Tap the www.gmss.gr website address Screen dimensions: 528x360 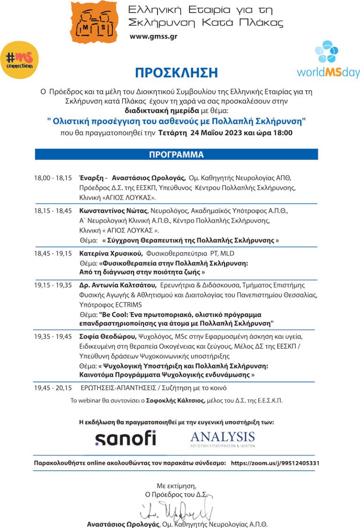coord(153,37)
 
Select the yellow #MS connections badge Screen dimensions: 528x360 coord(19,59)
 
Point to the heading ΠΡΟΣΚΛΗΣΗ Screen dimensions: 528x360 coord(176,73)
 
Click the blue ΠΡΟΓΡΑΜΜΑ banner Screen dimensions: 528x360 coord(176,155)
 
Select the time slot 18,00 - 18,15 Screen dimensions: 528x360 coord(52,178)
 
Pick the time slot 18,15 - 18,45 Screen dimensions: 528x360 coord(52,211)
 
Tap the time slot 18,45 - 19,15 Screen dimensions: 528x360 coord(52,253)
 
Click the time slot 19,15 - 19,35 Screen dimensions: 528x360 coord(52,285)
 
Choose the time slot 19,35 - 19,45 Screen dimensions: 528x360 coord(52,337)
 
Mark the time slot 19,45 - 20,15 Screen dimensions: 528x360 coord(52,388)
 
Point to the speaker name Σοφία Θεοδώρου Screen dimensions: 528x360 coord(108,337)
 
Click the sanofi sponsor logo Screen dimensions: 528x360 coord(125,439)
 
